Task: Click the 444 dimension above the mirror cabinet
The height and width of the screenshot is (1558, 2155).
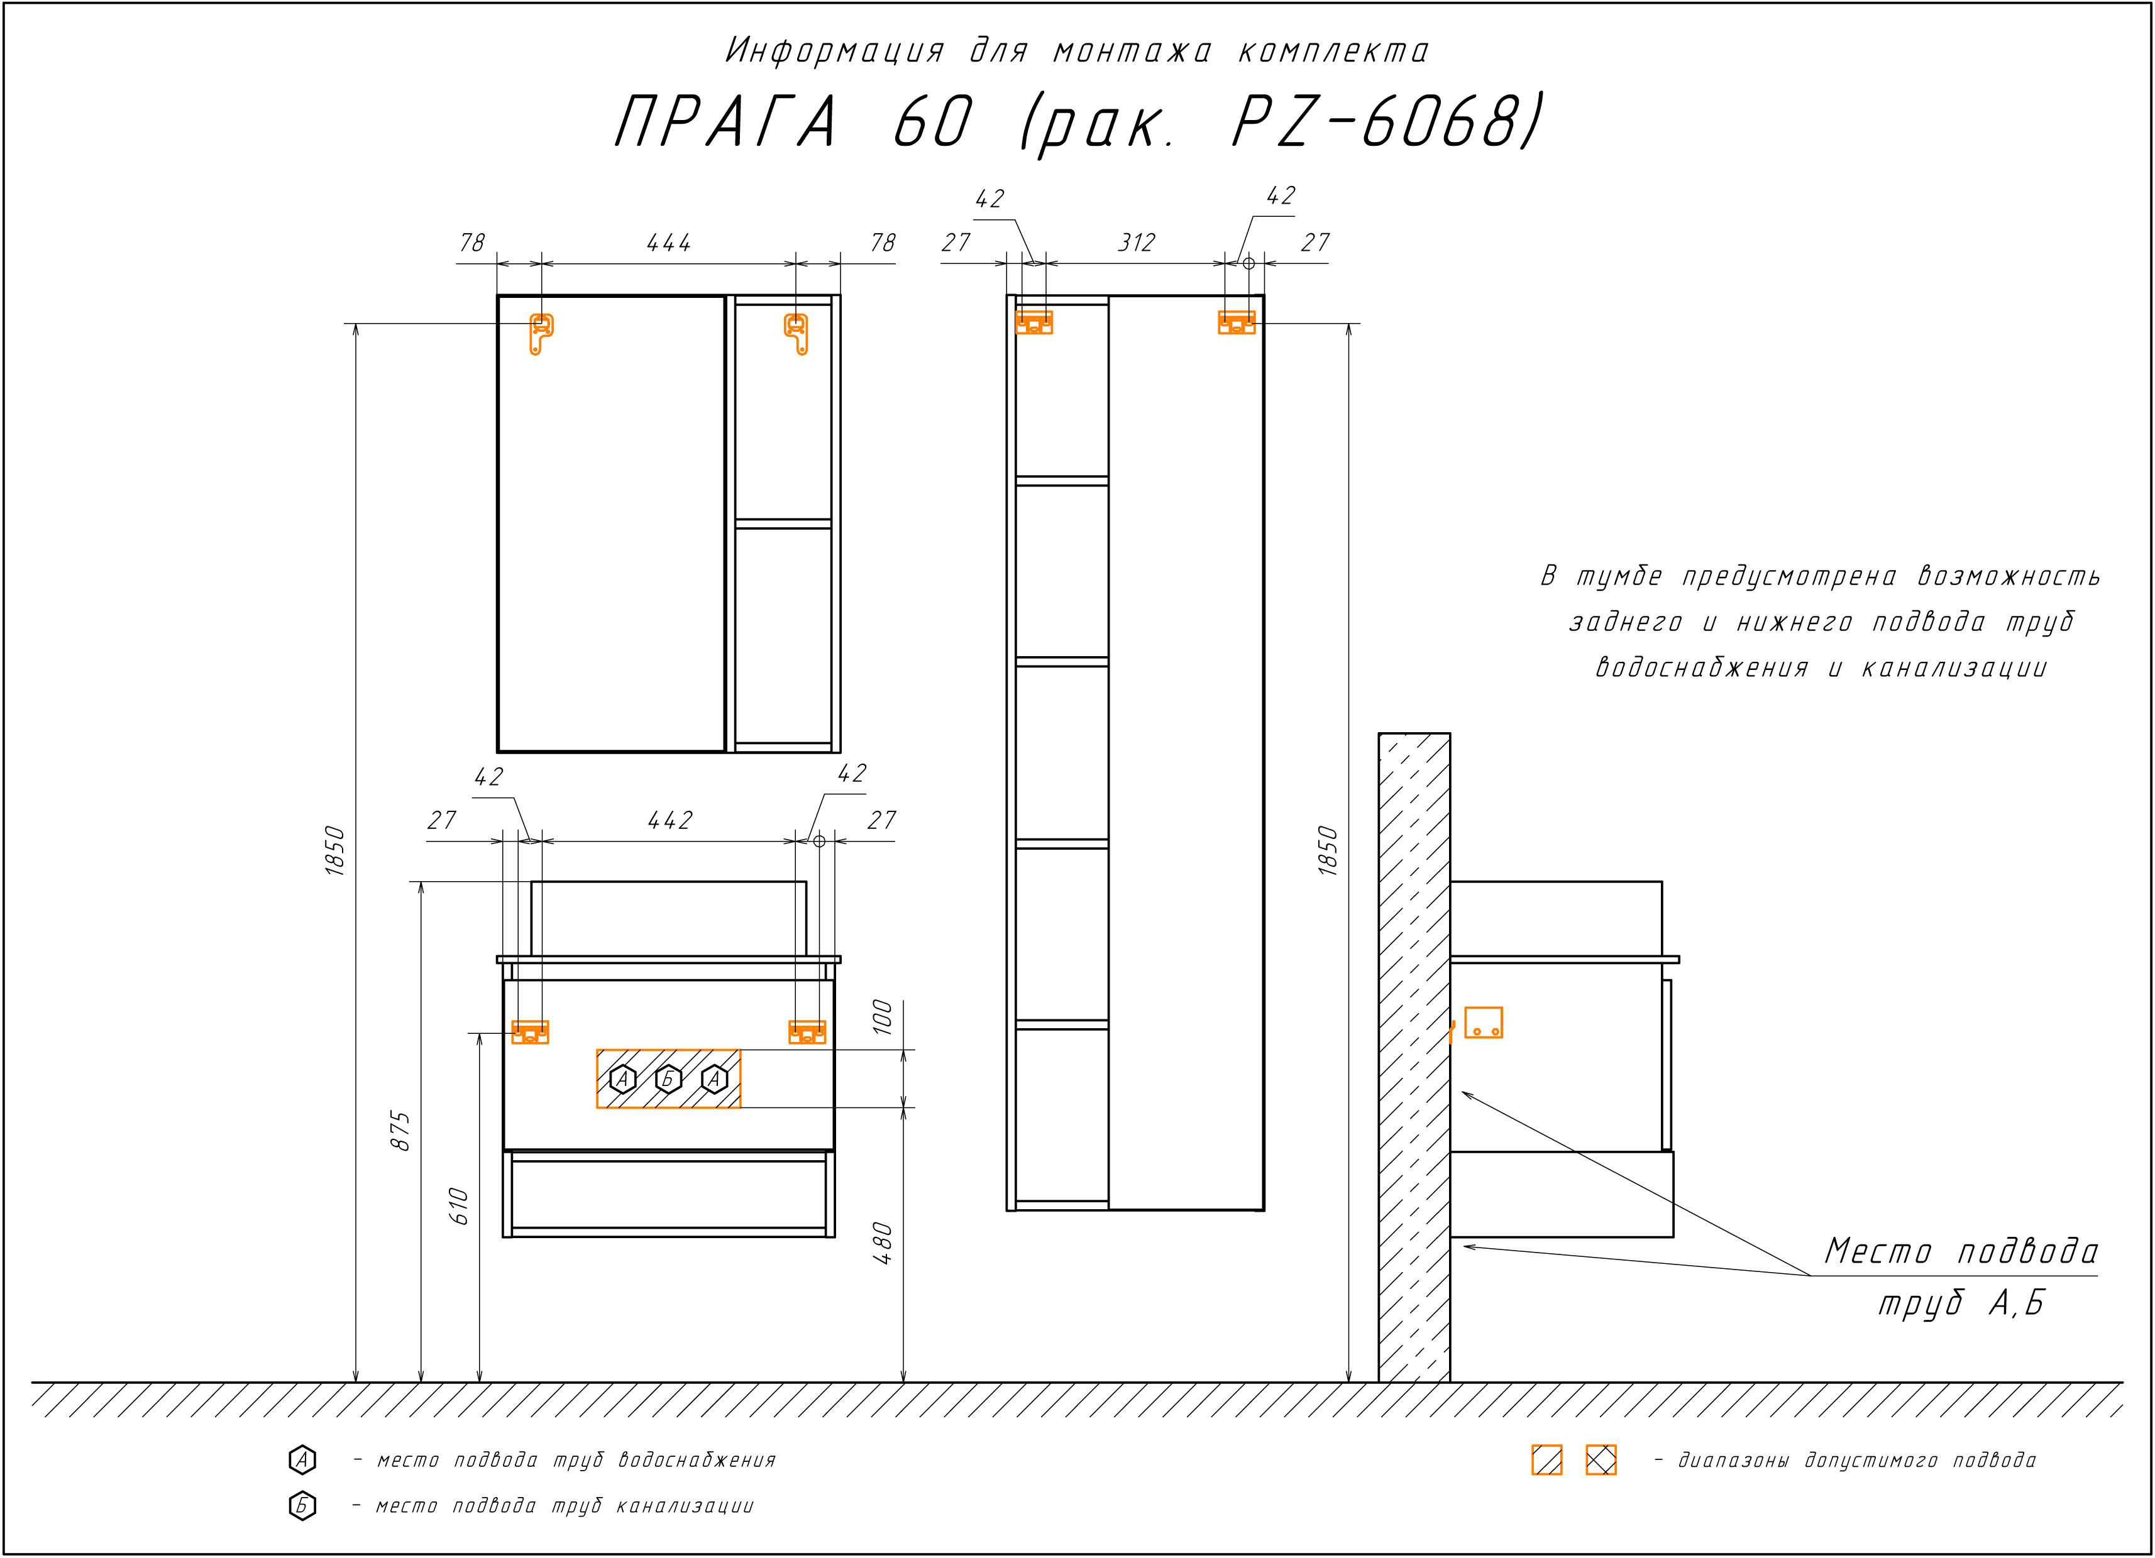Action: [669, 243]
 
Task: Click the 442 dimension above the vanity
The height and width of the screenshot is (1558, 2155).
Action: [670, 820]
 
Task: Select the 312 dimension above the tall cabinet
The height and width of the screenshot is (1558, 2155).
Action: [1137, 243]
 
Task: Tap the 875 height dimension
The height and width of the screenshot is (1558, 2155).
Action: [401, 1131]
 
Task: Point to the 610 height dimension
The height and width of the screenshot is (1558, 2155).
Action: [459, 1205]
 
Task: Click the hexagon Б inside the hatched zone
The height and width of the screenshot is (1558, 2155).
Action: [669, 1079]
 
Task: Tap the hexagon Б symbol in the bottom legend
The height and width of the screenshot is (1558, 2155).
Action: [302, 1506]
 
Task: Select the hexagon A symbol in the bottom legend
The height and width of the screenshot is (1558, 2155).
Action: [302, 1459]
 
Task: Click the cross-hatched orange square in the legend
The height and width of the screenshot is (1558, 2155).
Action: [1601, 1459]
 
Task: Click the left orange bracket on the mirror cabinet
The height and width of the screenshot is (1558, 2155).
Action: [541, 334]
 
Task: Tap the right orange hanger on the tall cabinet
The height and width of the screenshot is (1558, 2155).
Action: [1236, 323]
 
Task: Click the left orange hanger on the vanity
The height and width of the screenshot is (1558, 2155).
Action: [530, 1032]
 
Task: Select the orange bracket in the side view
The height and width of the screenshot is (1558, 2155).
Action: [1483, 1022]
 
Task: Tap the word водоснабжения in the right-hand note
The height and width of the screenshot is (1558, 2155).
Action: [1701, 668]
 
